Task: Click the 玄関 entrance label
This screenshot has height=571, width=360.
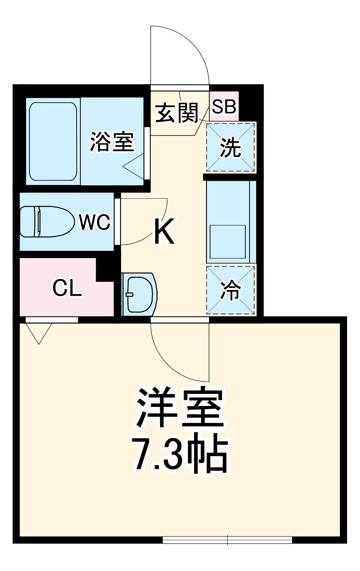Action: (x=177, y=113)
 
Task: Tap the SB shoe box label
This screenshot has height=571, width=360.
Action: (x=224, y=106)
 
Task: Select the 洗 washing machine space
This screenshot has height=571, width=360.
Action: (x=231, y=147)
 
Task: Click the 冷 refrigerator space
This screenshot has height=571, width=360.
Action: (x=231, y=290)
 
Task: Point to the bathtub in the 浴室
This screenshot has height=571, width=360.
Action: (x=53, y=141)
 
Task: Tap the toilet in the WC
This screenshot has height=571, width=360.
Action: (x=46, y=222)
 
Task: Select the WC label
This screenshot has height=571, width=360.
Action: (x=95, y=222)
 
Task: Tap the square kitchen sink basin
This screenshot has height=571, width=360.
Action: (x=228, y=242)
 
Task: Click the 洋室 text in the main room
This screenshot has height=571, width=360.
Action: (x=180, y=407)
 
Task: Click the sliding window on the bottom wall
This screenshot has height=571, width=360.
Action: (x=227, y=540)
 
